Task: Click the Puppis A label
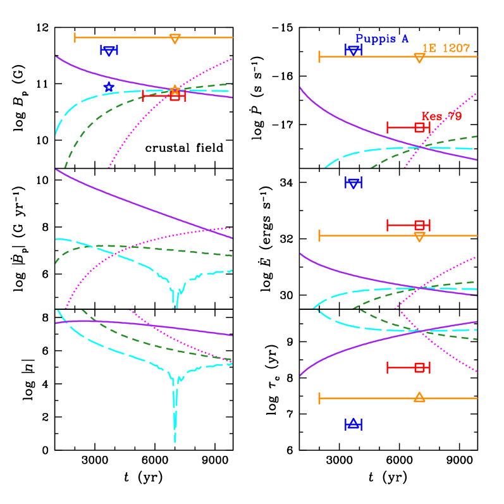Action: (x=382, y=39)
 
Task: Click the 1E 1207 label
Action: (x=446, y=48)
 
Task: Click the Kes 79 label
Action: (x=441, y=116)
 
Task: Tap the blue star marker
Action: (x=109, y=87)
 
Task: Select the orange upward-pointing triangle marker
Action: (x=419, y=397)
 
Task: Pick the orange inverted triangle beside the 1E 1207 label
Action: (x=419, y=58)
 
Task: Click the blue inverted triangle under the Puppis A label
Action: (x=353, y=50)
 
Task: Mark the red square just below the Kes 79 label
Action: (x=419, y=127)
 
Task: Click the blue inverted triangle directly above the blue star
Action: (x=109, y=51)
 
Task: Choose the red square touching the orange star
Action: (x=175, y=96)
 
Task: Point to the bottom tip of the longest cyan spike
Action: (x=175, y=441)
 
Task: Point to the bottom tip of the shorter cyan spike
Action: (x=176, y=307)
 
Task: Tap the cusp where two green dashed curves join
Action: (x=353, y=309)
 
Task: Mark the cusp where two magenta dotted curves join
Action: (x=395, y=309)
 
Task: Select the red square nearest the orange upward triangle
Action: (x=419, y=367)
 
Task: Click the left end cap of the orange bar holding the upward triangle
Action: (x=319, y=398)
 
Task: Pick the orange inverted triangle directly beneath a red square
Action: (x=419, y=237)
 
